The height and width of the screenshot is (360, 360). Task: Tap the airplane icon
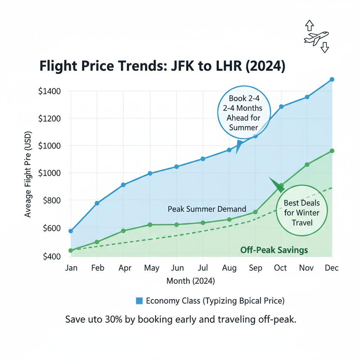pos(316,37)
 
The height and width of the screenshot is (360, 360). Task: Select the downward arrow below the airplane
pos(324,47)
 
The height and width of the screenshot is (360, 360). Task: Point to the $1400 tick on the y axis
pos(49,91)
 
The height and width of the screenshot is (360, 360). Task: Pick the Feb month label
pos(97,268)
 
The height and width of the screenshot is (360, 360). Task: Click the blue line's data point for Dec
pos(332,79)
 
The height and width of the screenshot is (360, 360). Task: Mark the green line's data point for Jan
pos(71,250)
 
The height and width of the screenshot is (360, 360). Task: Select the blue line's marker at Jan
pos(71,231)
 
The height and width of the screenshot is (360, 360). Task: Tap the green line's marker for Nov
pos(307,165)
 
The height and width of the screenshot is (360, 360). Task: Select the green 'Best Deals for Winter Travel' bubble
pos(302,212)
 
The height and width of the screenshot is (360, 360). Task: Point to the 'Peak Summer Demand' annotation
pos(207,209)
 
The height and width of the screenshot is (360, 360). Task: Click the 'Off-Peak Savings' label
pos(274,250)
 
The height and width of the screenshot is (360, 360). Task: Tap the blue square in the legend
pos(139,301)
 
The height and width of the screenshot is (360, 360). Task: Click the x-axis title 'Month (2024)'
pos(191,281)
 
